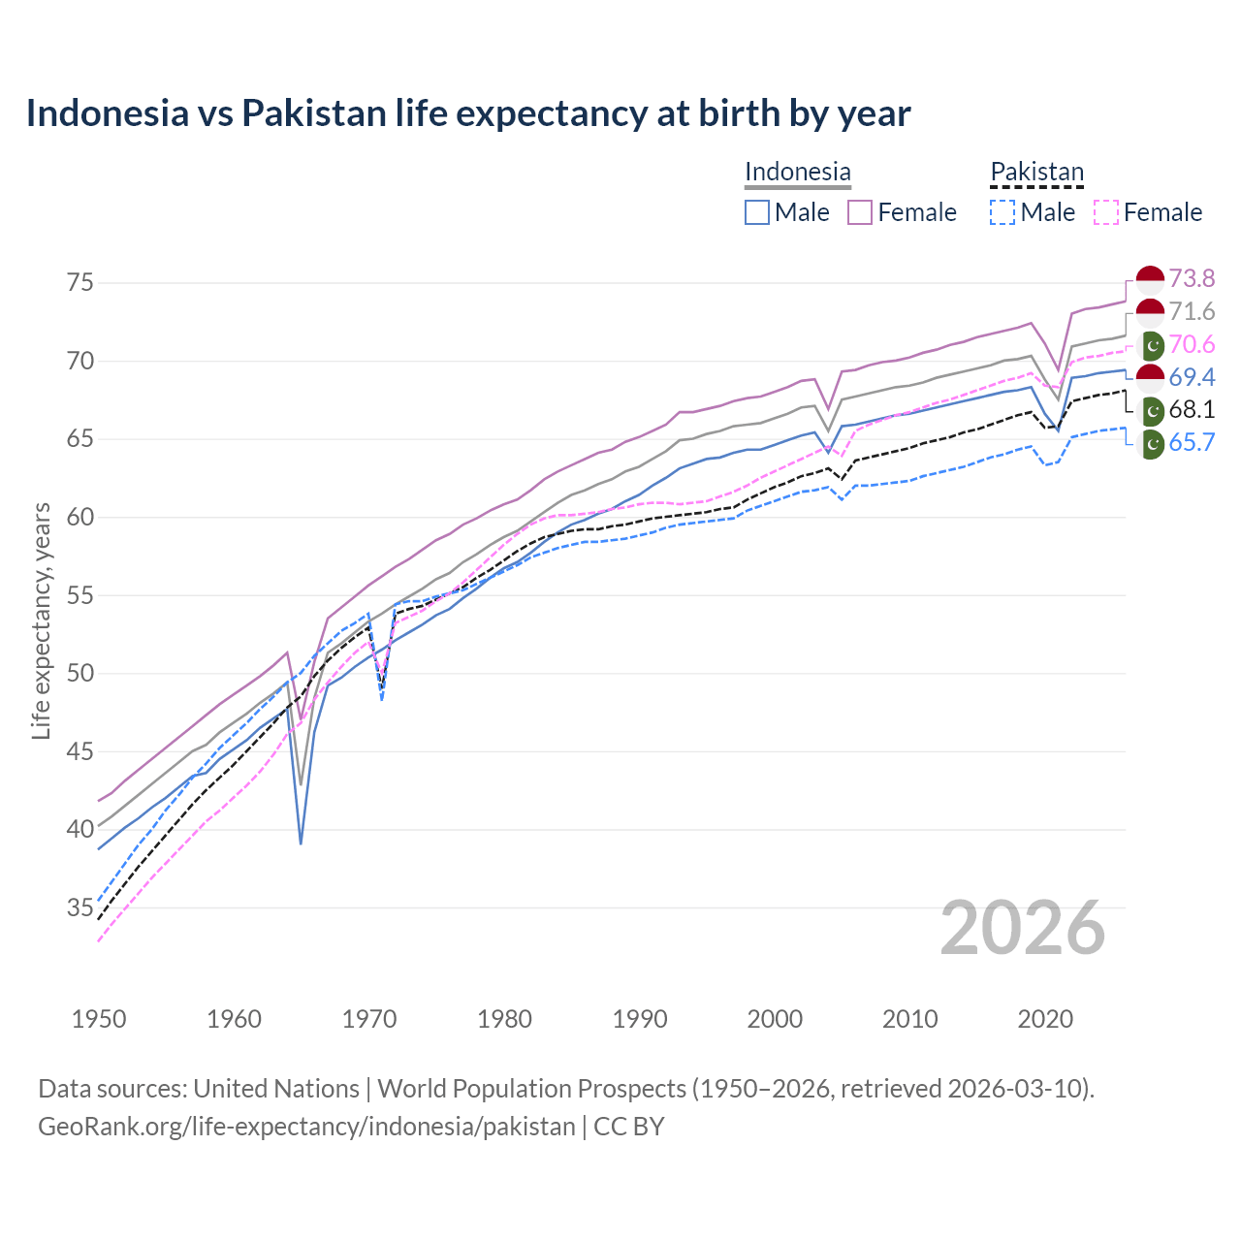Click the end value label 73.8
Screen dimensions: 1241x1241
pos(1191,279)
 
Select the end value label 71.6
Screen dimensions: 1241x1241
pos(1191,312)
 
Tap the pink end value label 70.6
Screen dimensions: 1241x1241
pos(1191,345)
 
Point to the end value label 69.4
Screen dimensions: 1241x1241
pos(1191,377)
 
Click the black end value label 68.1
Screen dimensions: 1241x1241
pos(1191,410)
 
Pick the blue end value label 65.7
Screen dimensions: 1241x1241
pos(1191,443)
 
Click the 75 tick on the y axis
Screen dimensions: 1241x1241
pos(80,283)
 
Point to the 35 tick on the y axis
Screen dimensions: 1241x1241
pos(80,908)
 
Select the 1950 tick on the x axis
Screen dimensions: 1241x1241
pos(99,1019)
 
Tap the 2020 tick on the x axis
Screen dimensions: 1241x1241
pos(1045,1019)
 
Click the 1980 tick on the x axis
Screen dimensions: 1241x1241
pos(504,1019)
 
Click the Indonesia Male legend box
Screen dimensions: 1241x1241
pos(757,212)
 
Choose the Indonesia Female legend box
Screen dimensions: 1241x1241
pos(860,212)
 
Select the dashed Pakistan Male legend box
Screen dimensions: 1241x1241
pos(1002,212)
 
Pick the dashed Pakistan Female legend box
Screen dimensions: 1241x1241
pos(1106,212)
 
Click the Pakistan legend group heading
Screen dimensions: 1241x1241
pos(1036,173)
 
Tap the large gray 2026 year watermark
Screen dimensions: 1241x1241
pos(1022,928)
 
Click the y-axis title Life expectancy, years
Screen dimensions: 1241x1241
pos(41,620)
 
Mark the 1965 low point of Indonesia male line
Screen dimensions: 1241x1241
pos(301,843)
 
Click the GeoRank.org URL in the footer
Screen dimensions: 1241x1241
pos(306,1127)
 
